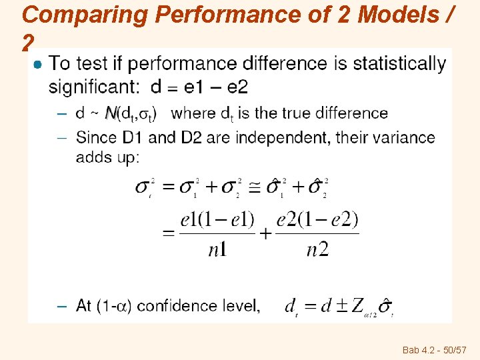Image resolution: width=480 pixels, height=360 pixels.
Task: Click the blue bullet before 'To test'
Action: tap(39, 64)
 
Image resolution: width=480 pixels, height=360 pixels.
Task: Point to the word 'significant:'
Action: tap(94, 87)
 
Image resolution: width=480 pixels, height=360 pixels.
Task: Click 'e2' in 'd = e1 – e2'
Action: tap(235, 87)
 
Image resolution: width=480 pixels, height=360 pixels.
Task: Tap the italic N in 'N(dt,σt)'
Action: tap(111, 113)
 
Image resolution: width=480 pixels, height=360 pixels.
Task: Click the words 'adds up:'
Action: tap(107, 157)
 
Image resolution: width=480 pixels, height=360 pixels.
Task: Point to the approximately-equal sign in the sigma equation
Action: tap(255, 187)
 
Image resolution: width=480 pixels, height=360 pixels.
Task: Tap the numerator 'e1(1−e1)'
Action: tap(217, 219)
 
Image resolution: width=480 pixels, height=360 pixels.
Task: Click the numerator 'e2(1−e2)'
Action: tap(317, 219)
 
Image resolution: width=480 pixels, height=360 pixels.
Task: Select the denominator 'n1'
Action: tap(217, 249)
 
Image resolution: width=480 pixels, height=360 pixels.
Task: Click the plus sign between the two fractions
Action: tap(266, 233)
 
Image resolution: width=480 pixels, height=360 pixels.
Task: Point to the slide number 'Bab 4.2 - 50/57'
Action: tap(434, 350)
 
